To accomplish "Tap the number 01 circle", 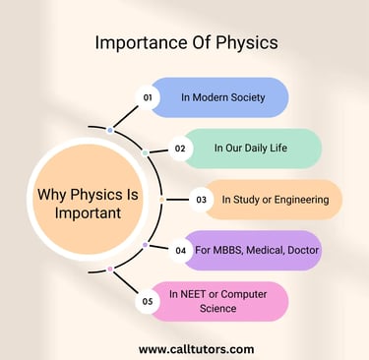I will click(148, 98).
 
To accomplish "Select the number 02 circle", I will click(180, 150).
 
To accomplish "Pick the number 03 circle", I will click(200, 200).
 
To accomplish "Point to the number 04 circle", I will click(180, 251).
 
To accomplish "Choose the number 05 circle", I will click(148, 302).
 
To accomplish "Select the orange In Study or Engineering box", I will click(276, 200).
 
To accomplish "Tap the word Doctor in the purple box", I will click(300, 250).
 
